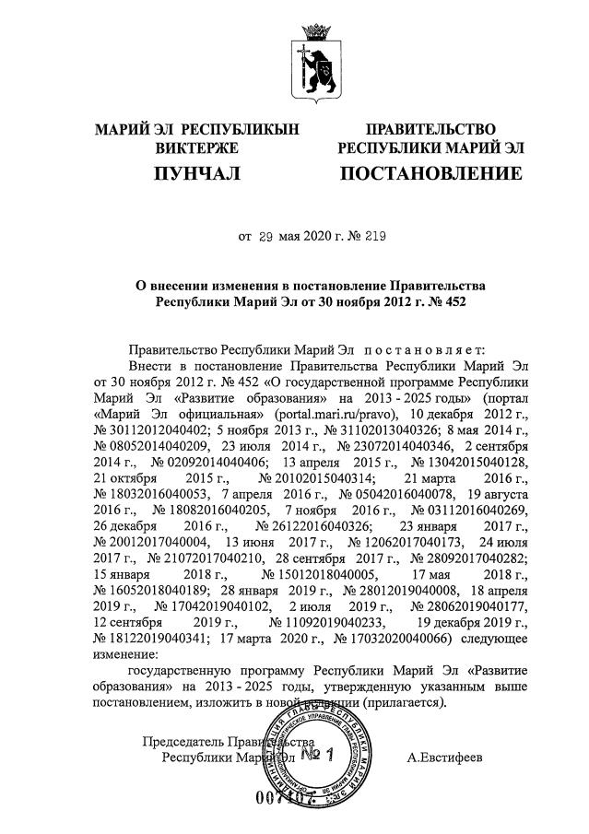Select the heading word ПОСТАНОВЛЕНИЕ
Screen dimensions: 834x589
430,172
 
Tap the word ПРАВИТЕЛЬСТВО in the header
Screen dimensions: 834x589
430,129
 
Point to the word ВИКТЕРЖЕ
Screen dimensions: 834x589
197,147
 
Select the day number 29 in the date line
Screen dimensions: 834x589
267,237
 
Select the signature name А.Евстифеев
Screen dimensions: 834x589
449,758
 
